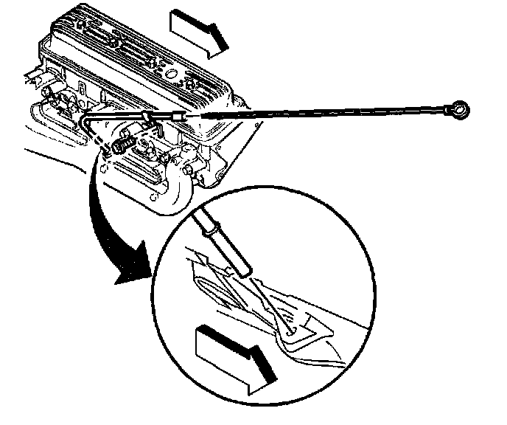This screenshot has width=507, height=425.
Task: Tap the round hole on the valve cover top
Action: tap(170, 75)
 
